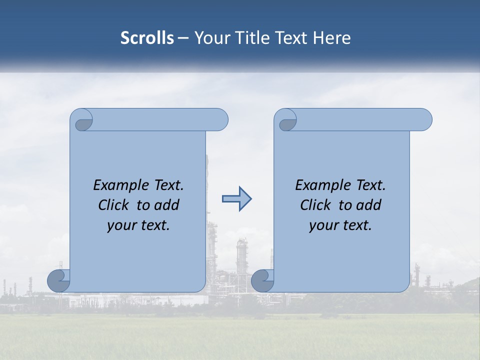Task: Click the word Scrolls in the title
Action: coord(147,38)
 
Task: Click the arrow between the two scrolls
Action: coord(236,199)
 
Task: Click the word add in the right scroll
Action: coord(369,205)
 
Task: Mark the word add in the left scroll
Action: coord(167,205)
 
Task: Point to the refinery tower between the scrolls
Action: coord(242,255)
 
